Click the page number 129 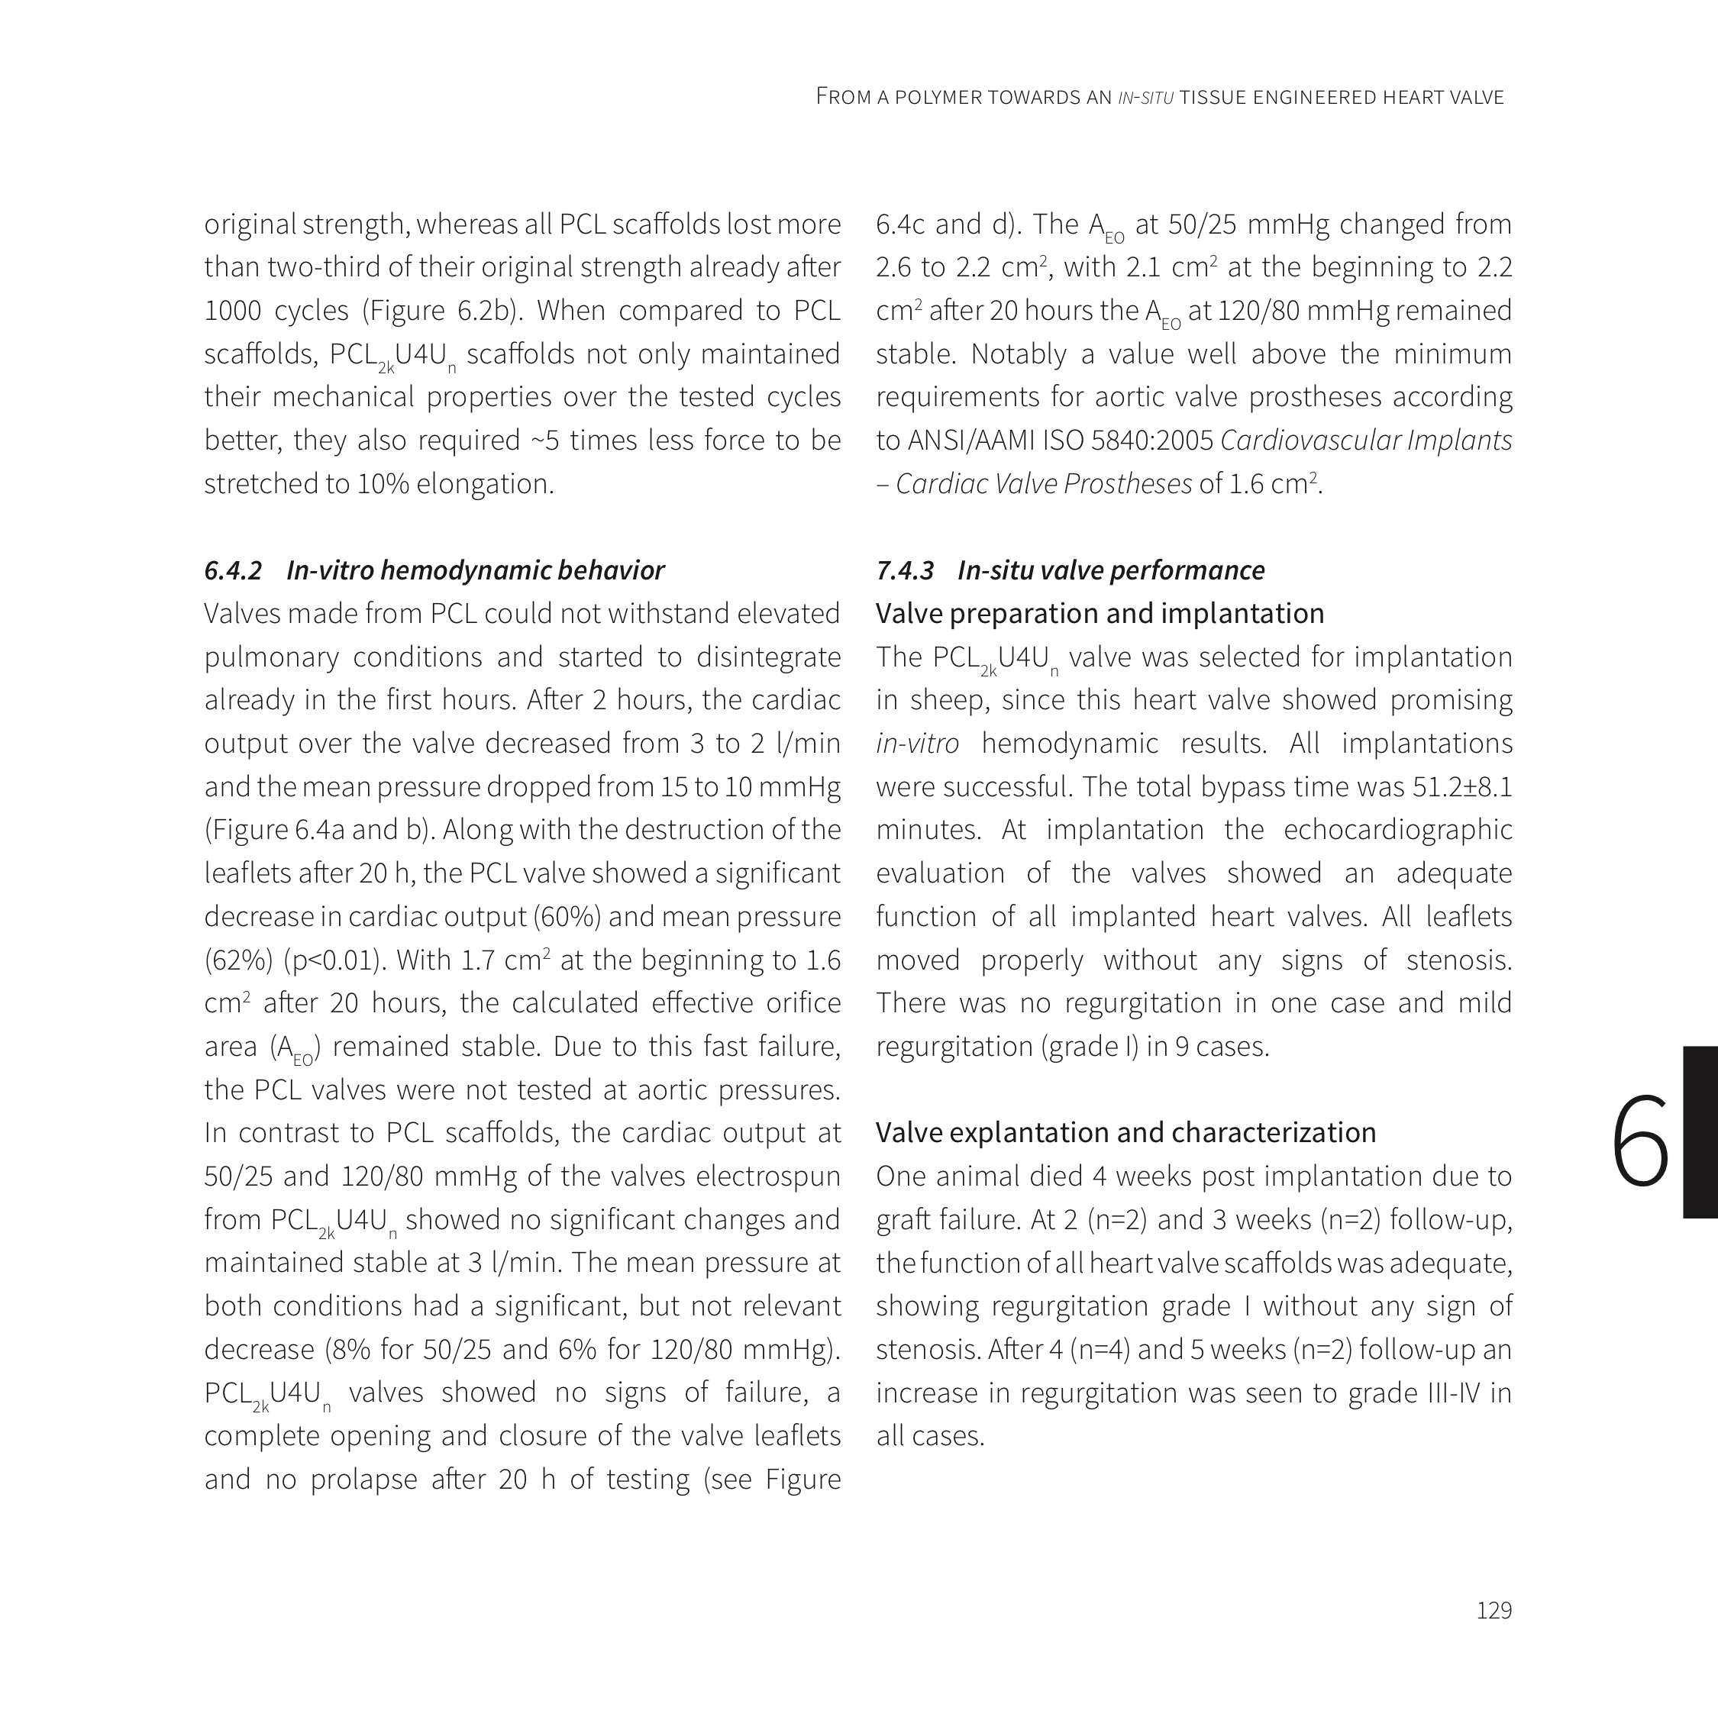coord(1494,1610)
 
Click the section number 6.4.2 coord(233,570)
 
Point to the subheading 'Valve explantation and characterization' coord(1125,1133)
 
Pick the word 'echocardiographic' coord(1398,830)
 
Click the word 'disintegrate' coord(768,657)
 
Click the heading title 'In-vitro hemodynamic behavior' coord(475,570)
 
